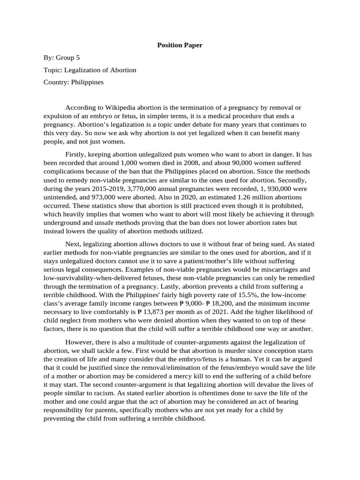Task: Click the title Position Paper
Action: pos(180,45)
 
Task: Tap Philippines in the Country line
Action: pos(87,82)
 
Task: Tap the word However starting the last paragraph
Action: pos(81,342)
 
